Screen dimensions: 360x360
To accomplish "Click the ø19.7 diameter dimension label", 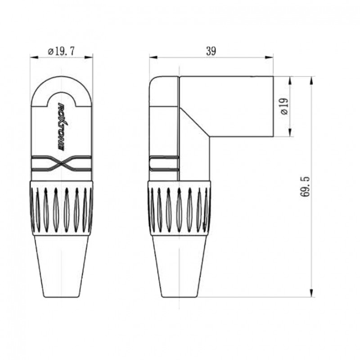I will (x=61, y=51).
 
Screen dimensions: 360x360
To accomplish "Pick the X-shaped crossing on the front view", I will (x=62, y=164).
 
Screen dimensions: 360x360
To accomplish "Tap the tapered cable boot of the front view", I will (x=61, y=265).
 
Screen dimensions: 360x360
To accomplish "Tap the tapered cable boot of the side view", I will (x=179, y=265).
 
